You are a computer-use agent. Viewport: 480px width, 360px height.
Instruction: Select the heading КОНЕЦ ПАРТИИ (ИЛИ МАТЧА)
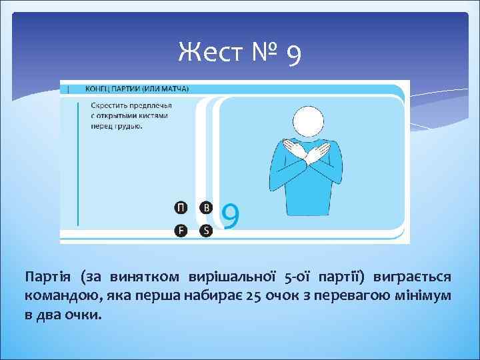click(x=136, y=88)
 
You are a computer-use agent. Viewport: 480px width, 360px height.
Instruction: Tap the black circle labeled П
click(x=181, y=207)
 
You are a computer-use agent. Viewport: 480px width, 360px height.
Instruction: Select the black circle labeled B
click(x=206, y=207)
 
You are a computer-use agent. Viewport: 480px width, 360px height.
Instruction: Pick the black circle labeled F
click(x=181, y=231)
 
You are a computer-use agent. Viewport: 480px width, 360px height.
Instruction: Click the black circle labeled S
click(x=206, y=231)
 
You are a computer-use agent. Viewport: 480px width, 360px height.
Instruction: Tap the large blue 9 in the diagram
click(x=230, y=216)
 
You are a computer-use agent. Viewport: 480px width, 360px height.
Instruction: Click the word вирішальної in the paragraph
click(x=236, y=277)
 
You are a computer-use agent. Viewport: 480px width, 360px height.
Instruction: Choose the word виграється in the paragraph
click(x=412, y=277)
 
